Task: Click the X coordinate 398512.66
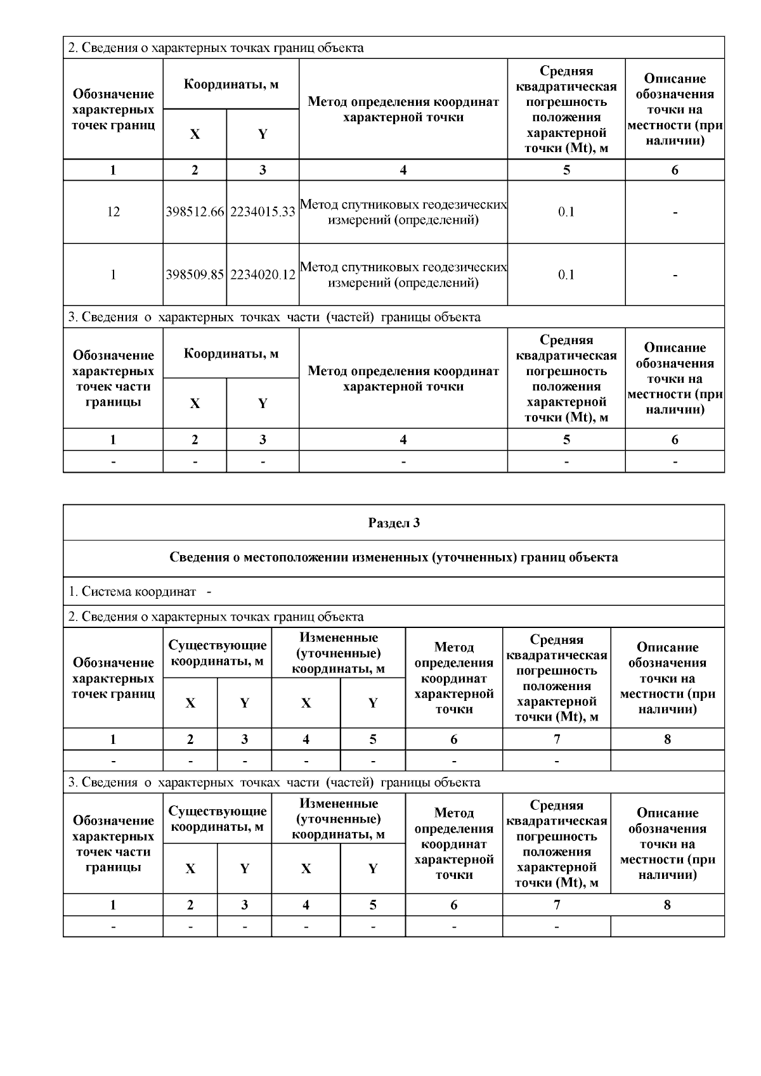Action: click(x=195, y=212)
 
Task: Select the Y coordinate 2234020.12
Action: click(x=263, y=274)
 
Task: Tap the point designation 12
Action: click(x=113, y=212)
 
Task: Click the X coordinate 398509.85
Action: click(x=195, y=274)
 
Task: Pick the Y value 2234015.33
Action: click(x=263, y=212)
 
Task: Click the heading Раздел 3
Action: click(x=394, y=523)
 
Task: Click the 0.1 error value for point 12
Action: click(x=566, y=212)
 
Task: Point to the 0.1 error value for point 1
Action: click(x=566, y=274)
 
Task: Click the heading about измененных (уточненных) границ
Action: click(x=394, y=558)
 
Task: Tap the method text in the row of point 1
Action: click(x=403, y=274)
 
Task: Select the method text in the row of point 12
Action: click(x=403, y=212)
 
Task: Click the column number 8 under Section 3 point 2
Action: click(x=667, y=739)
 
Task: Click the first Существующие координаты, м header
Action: click(x=218, y=653)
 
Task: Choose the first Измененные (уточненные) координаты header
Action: click(x=338, y=653)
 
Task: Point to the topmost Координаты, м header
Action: click(x=231, y=84)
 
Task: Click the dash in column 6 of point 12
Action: click(x=675, y=212)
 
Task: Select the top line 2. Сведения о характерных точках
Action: click(x=216, y=48)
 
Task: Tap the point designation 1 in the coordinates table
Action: click(x=113, y=274)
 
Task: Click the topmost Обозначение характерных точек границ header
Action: click(x=113, y=109)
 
